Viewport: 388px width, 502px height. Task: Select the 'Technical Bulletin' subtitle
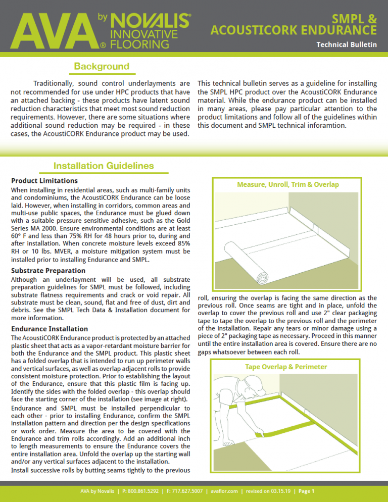346,44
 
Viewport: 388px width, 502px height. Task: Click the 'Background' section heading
102,66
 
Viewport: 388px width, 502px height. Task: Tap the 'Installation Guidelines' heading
104,165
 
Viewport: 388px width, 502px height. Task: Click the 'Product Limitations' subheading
44,180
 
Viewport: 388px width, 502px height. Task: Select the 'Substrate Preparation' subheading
48,270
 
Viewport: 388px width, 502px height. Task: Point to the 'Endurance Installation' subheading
50,329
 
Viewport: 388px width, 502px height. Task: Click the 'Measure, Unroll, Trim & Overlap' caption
288,185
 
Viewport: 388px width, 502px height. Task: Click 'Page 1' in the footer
307,491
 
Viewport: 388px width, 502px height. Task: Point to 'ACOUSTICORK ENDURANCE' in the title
294,30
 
